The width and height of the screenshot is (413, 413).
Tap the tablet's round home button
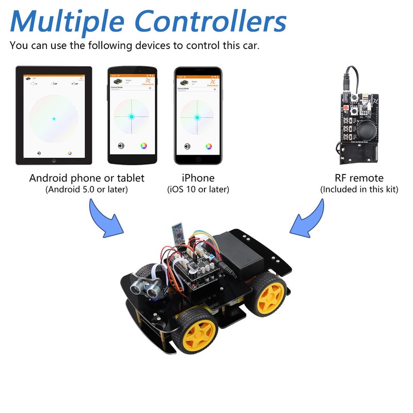pyautogui.click(x=54, y=161)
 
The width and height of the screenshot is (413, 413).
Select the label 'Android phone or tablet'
pyautogui.click(x=87, y=178)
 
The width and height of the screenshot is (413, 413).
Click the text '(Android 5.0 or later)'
pyautogui.click(x=87, y=189)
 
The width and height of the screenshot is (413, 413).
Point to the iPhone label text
pyautogui.click(x=198, y=178)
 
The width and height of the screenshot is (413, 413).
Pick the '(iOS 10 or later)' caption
pyautogui.click(x=198, y=189)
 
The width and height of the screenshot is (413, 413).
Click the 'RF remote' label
pyautogui.click(x=359, y=178)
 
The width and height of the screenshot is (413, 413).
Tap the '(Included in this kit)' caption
pyautogui.click(x=359, y=189)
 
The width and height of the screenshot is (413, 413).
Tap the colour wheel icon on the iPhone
pyautogui.click(x=209, y=146)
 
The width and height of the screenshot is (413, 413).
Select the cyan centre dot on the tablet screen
pyautogui.click(x=54, y=119)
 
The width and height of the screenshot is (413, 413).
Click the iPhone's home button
pyautogui.click(x=198, y=160)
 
